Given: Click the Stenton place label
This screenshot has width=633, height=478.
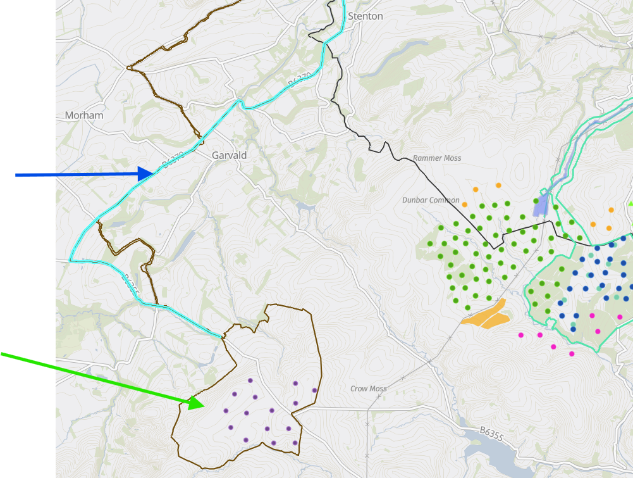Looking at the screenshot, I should point(366,16).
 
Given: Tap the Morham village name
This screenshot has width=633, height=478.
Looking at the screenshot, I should point(84,116).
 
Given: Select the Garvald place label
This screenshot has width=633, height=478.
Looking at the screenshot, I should point(229,155).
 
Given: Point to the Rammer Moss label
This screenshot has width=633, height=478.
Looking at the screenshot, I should point(437,158).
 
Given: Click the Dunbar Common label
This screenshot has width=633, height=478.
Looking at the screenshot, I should point(431,200).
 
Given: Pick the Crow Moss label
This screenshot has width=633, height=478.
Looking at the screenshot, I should point(369,389).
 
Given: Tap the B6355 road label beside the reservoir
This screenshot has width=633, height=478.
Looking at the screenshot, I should point(491,432).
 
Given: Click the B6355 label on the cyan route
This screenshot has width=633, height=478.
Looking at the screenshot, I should point(131,286).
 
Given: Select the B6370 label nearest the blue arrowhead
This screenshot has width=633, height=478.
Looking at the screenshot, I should point(172,161).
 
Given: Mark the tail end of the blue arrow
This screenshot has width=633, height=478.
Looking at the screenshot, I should point(17,175).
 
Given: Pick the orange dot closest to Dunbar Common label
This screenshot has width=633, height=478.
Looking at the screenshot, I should point(465,204).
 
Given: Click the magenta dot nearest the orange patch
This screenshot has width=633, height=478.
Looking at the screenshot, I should point(521,335).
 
